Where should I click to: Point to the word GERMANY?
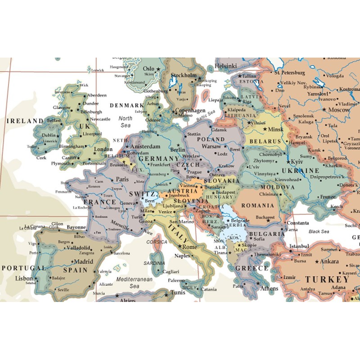coord(158,159)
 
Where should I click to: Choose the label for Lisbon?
coord(24,278)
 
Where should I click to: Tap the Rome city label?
coord(189,247)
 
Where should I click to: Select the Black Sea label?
coord(319,231)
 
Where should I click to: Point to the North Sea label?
coord(125,122)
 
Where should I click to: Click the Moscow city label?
coord(338,109)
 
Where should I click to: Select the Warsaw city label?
coord(211,146)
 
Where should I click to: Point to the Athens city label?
coord(269,288)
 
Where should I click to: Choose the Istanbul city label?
coord(299,246)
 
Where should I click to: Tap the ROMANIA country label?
coord(257,205)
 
